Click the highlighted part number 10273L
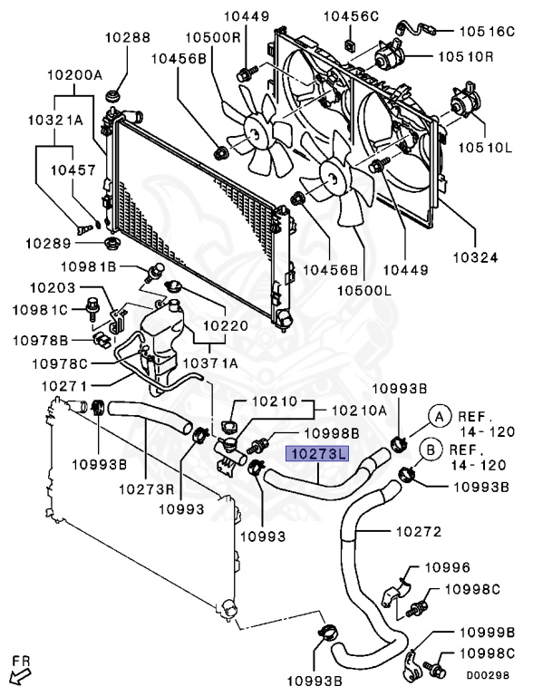(317, 456)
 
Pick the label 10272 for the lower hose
(420, 529)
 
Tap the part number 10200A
(75, 76)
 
